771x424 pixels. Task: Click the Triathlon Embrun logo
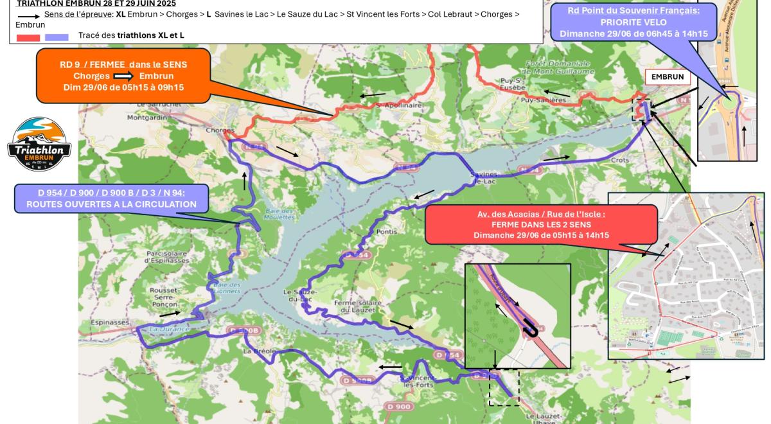[39, 145]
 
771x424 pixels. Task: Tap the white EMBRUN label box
[668, 77]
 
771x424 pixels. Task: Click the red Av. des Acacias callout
[541, 224]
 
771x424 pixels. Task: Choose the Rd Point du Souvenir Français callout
[634, 21]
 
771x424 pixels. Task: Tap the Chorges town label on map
[217, 129]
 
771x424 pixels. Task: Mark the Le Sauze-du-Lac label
[298, 296]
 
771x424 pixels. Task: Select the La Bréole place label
[259, 351]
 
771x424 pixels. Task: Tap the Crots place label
[620, 160]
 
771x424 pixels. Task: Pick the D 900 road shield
[398, 406]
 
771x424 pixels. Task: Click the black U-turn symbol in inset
[531, 328]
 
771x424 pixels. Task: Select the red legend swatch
[28, 37]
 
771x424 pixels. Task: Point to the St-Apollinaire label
[399, 105]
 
